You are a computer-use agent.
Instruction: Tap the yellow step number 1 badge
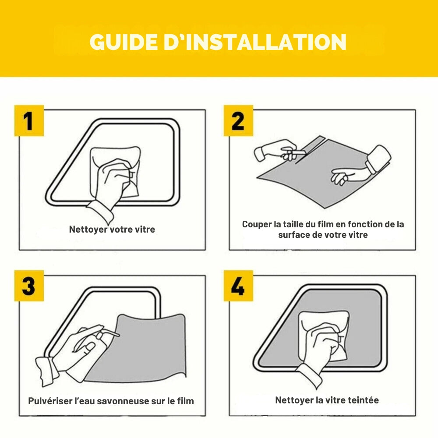29,120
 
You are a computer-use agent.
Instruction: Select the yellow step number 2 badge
238,120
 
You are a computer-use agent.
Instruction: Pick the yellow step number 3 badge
29,286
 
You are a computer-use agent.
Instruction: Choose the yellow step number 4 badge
238,286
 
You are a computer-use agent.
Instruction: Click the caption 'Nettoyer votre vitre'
112,230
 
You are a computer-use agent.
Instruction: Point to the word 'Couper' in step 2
256,224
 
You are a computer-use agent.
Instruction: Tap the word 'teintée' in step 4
363,400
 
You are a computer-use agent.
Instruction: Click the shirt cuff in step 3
47,370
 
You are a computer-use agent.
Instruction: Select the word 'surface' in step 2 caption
293,235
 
